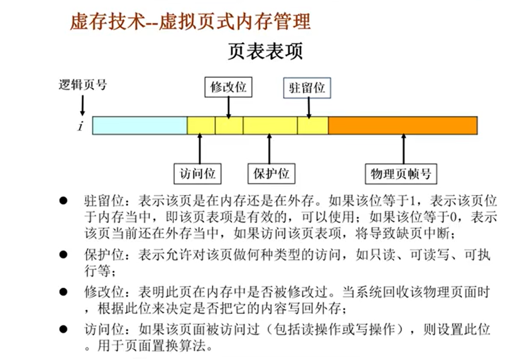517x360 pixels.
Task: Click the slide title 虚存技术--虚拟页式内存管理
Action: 190,21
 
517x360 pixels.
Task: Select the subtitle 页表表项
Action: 265,51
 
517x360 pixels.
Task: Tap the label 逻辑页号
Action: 82,85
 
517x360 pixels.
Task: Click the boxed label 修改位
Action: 228,87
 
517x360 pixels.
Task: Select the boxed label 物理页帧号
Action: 400,174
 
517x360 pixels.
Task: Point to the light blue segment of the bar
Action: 140,125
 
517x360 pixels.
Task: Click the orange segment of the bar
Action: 403,125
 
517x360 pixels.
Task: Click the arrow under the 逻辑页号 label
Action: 82,105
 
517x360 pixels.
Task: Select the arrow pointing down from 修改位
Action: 228,107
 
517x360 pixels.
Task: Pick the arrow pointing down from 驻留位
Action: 309,107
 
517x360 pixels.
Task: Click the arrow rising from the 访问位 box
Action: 200,148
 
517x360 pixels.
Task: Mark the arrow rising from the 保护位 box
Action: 269,148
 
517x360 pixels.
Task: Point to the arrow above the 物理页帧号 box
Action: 403,148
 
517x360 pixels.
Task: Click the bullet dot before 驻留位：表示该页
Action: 63,200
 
